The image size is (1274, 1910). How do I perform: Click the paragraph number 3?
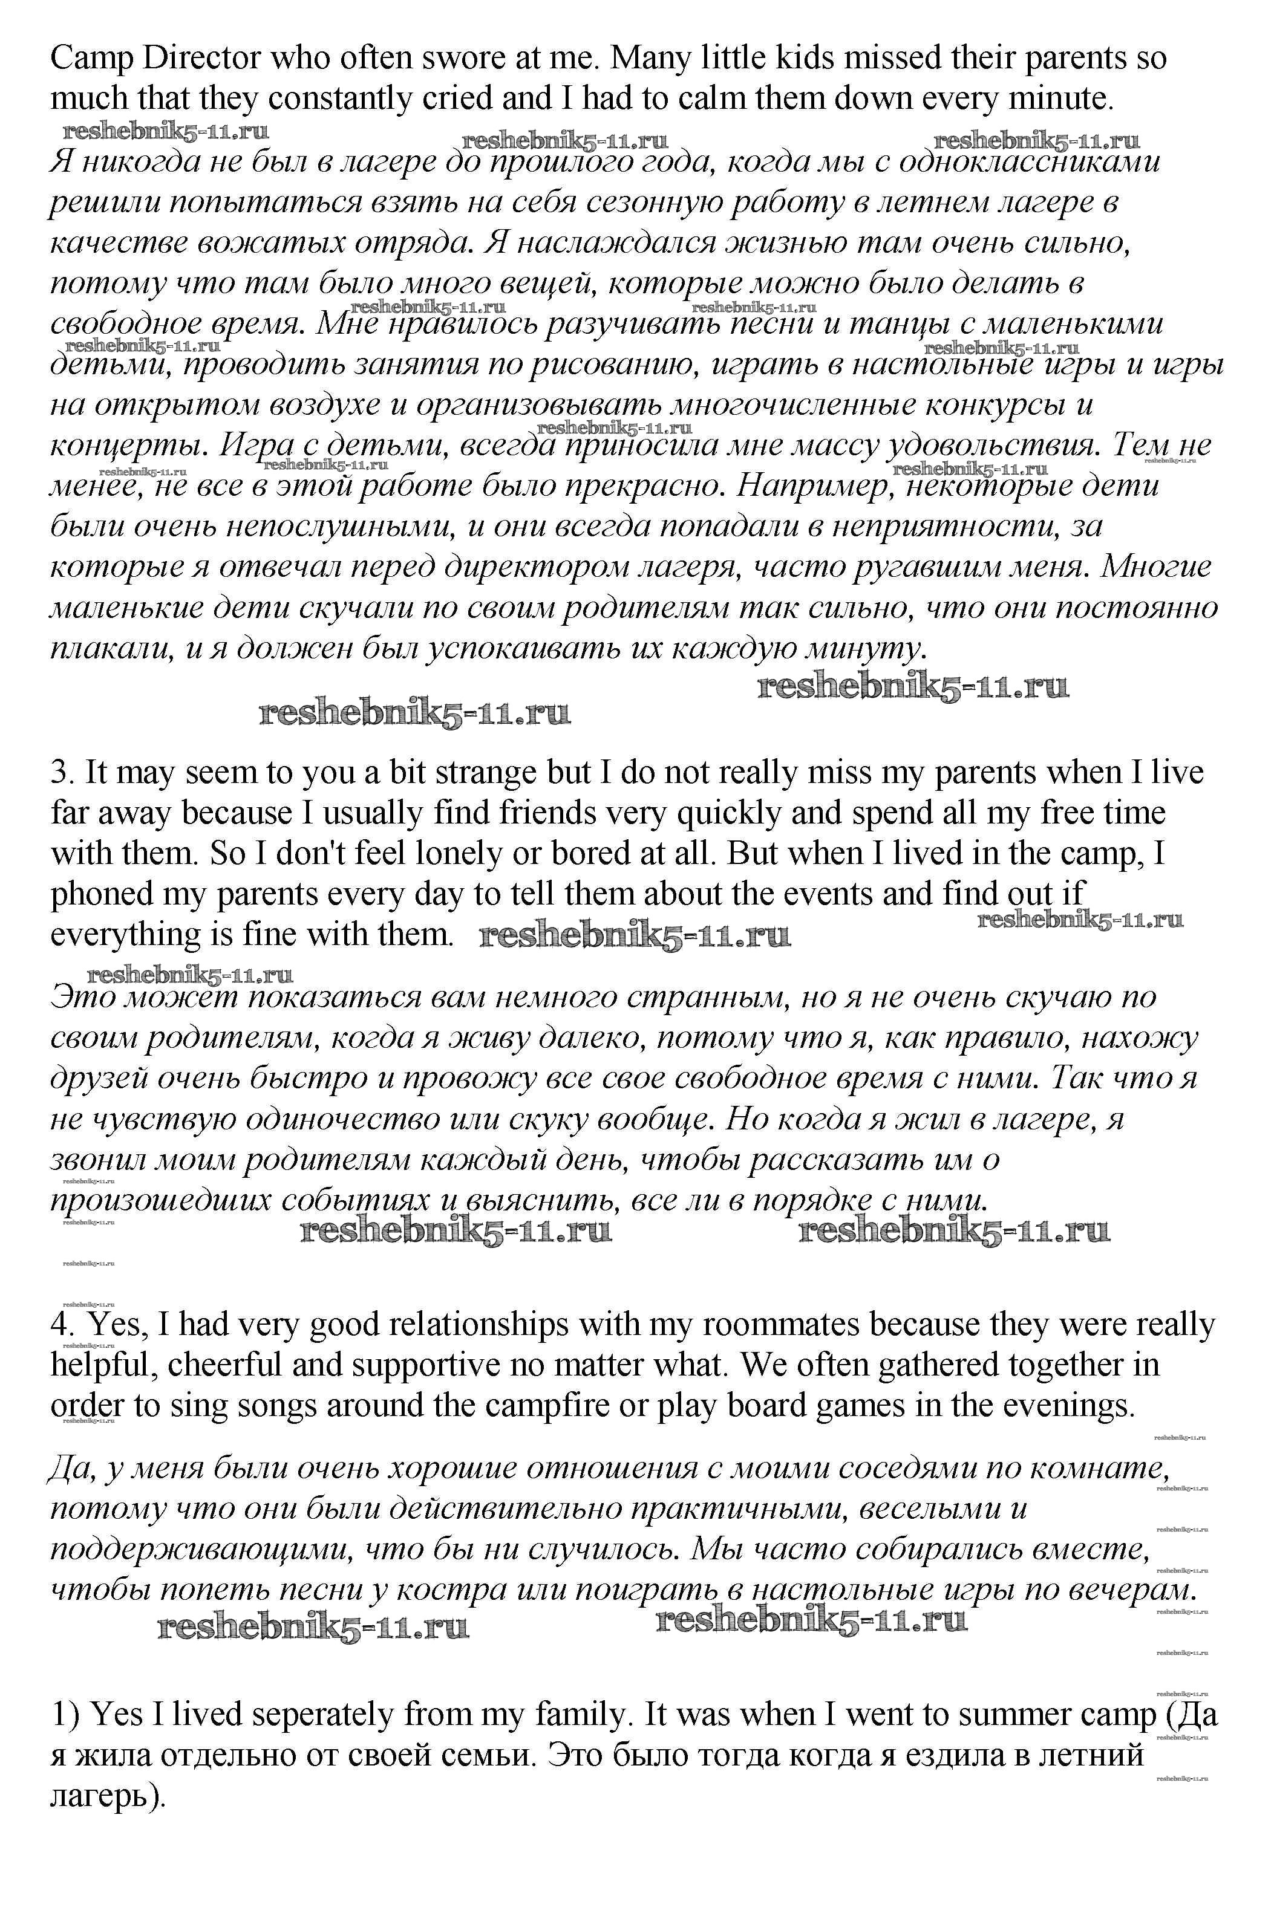click(62, 772)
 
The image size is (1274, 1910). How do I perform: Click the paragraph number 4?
click(62, 1325)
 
